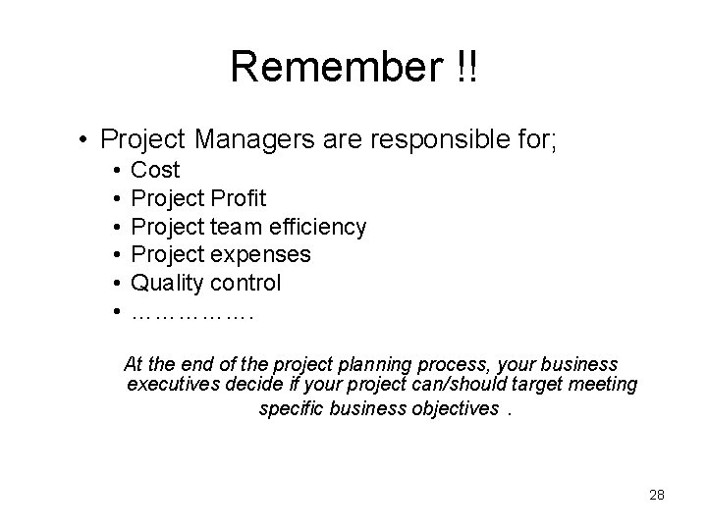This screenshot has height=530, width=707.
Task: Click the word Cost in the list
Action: click(x=155, y=171)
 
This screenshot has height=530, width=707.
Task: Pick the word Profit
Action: click(x=236, y=199)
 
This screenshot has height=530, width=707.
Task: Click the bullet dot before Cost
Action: click(x=116, y=171)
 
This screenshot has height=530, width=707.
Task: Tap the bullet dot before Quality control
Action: click(x=116, y=284)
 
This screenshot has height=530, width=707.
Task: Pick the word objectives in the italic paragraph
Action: click(x=453, y=408)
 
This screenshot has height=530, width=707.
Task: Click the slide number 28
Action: click(x=657, y=495)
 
